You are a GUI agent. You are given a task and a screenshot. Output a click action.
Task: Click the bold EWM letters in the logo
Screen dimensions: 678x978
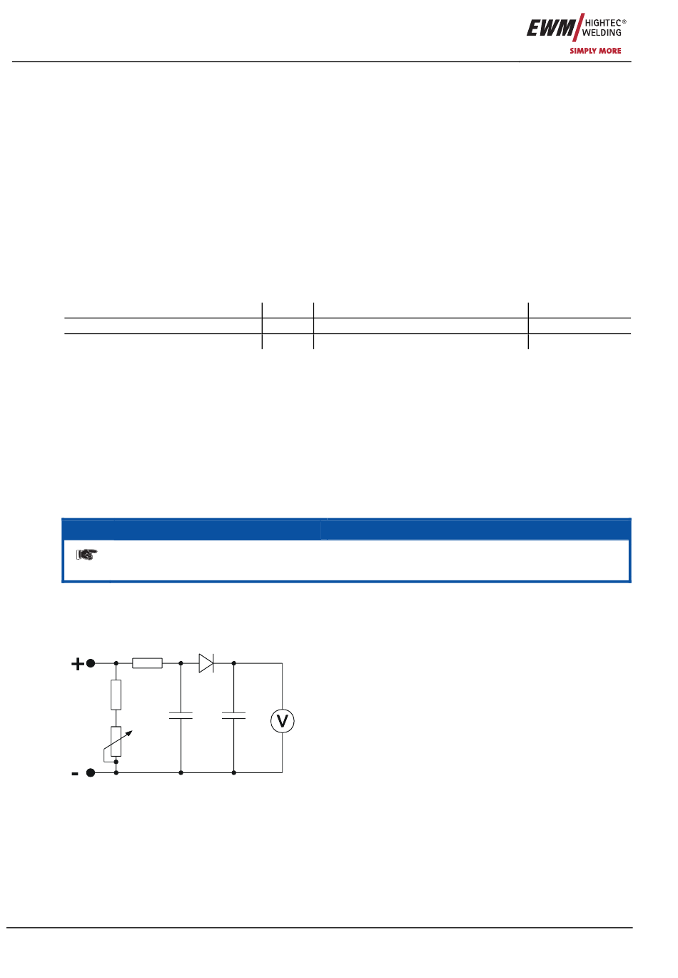pos(550,29)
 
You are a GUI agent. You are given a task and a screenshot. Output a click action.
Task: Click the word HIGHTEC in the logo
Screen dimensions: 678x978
pos(603,23)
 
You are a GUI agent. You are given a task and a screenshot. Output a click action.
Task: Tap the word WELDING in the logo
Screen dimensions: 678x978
pos(601,33)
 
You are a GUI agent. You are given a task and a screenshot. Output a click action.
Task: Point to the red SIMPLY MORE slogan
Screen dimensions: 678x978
pos(595,51)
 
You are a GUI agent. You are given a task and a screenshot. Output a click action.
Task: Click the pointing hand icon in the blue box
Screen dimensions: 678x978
pos(86,554)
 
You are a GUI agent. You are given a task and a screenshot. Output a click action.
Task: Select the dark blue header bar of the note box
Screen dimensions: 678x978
pos(346,529)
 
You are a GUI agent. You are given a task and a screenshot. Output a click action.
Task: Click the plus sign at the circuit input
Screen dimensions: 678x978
pos(77,664)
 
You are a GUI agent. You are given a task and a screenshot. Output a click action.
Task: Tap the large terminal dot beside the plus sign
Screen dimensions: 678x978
pos(91,663)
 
